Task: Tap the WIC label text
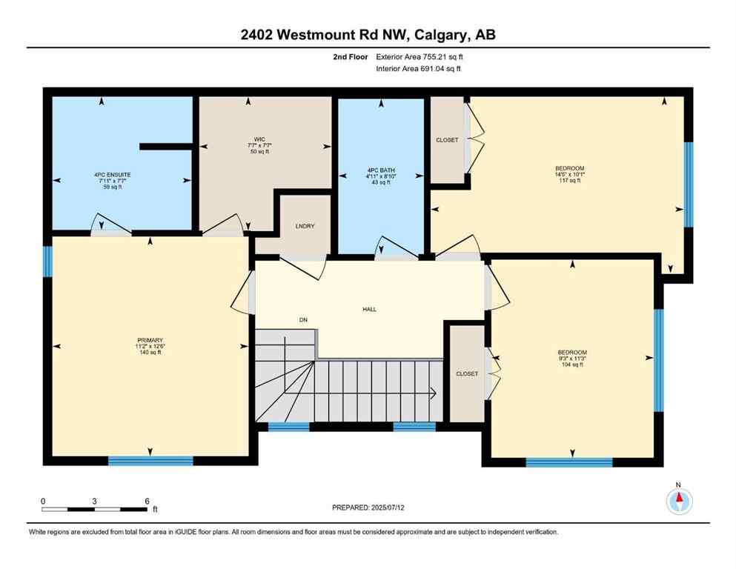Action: [x=259, y=139]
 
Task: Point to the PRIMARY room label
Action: [x=150, y=339]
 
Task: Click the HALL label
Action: [x=370, y=309]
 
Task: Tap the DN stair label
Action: [x=303, y=320]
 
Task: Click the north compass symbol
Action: [x=679, y=502]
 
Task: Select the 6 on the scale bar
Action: [x=147, y=502]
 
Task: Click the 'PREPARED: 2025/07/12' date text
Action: [x=368, y=508]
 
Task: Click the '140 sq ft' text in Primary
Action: [x=150, y=353]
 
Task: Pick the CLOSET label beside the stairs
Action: [x=467, y=374]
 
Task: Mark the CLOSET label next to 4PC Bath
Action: [x=447, y=140]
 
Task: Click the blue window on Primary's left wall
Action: [x=48, y=261]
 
